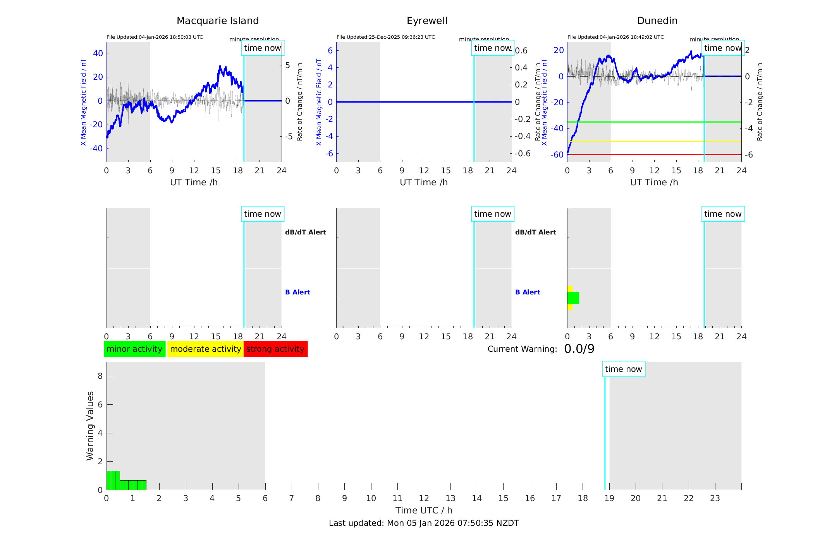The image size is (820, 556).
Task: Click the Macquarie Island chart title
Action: pos(217,21)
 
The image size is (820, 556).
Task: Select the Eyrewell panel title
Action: pos(427,21)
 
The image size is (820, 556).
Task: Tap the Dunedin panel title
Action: pos(657,21)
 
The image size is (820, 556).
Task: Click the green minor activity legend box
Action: pos(134,349)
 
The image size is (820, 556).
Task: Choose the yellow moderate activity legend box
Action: pos(205,349)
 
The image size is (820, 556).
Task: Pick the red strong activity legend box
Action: pos(275,349)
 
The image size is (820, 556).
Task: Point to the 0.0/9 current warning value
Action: pos(579,349)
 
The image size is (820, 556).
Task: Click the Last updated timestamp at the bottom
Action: pos(424,523)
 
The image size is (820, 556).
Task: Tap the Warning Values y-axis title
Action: pos(90,426)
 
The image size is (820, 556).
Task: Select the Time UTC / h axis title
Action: pos(424,510)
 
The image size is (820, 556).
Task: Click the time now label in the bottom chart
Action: pos(623,369)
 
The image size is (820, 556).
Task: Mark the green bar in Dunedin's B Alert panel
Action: pos(574,298)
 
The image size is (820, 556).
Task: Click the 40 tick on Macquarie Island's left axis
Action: pos(98,53)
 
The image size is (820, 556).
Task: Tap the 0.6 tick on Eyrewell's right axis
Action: pos(521,51)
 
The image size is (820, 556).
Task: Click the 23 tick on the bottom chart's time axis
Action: pos(715,498)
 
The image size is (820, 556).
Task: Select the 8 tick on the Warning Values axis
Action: pos(100,376)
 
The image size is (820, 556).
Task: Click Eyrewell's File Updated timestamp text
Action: pos(385,37)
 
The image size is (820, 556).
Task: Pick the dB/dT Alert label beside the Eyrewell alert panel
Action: pos(535,232)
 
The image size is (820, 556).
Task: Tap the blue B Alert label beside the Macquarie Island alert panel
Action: pos(297,292)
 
